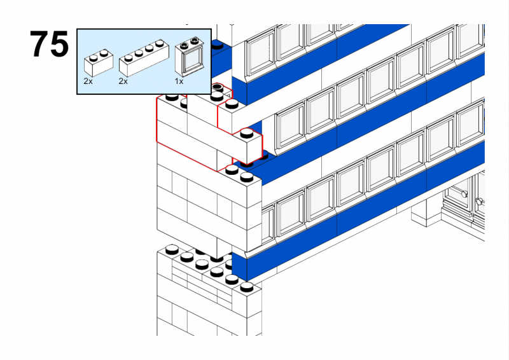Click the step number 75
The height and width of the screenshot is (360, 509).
coord(49,45)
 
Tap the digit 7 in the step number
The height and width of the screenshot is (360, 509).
coord(39,45)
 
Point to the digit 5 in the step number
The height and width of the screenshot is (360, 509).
coord(59,45)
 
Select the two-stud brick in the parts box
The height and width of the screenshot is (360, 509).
coord(98,62)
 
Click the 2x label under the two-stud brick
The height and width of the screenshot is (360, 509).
coord(88,81)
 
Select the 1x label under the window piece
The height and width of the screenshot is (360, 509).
coord(179,81)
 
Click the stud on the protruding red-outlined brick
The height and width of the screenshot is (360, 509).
coord(246,133)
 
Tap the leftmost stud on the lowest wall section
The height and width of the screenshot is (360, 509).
coord(171,250)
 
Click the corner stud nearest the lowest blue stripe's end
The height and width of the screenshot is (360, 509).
coord(247,287)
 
